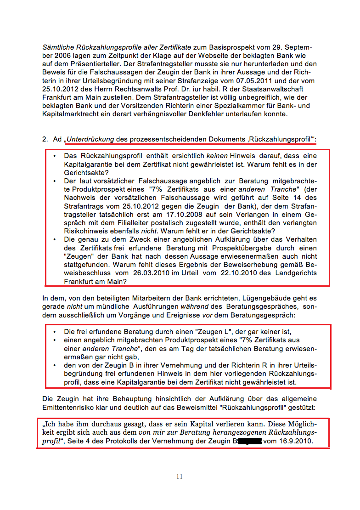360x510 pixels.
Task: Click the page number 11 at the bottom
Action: (x=179, y=476)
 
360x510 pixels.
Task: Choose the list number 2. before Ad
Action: (x=45, y=139)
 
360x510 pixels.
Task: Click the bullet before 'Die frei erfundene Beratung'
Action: (x=55, y=331)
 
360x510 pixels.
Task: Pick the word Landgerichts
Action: (x=296, y=272)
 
